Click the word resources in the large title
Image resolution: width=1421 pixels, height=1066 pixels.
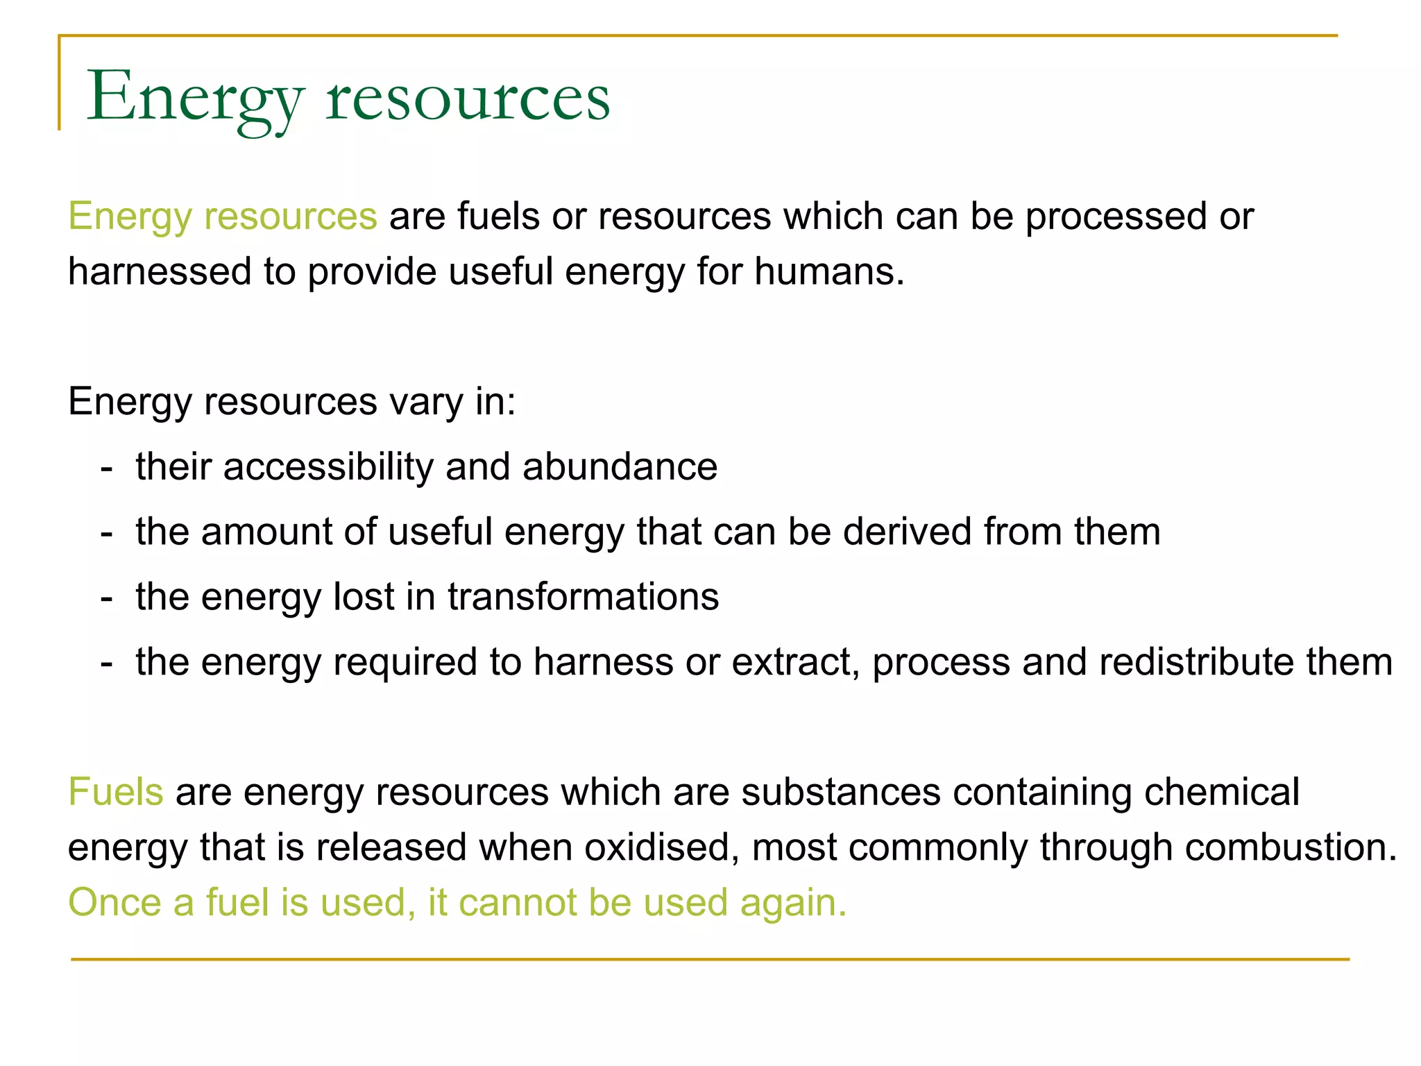click(468, 99)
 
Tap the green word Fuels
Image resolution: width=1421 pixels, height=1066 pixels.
click(116, 792)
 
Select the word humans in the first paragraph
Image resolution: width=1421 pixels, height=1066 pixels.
click(828, 271)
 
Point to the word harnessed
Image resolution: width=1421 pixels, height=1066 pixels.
click(159, 271)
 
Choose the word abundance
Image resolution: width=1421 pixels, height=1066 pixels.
click(620, 466)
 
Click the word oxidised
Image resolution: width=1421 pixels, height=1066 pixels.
click(662, 847)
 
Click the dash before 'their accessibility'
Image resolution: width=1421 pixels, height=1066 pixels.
click(106, 468)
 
